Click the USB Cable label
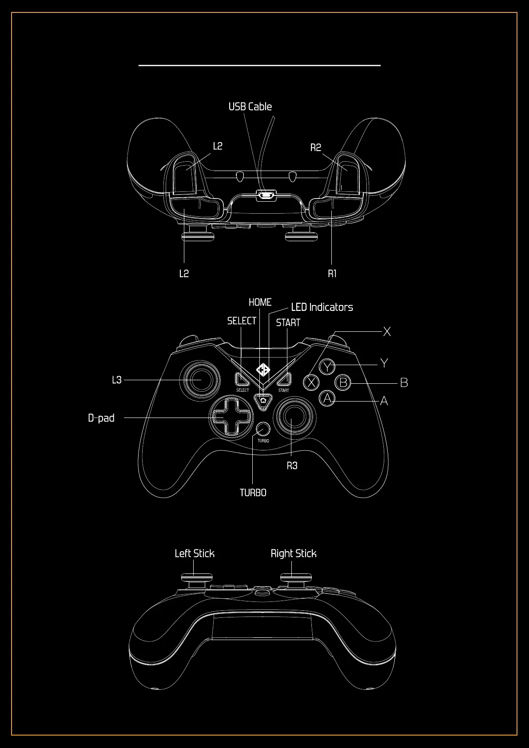[250, 107]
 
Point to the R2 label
[315, 147]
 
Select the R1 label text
[332, 274]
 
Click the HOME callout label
[260, 302]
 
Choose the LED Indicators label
[322, 307]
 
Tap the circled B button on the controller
[343, 382]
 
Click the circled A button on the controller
[327, 398]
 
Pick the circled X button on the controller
[312, 382]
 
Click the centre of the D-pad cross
[231, 417]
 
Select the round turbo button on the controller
[263, 429]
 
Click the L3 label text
[116, 380]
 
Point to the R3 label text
[292, 466]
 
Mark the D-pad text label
[101, 418]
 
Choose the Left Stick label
[195, 553]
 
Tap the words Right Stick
[294, 553]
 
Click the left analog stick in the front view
[200, 380]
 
